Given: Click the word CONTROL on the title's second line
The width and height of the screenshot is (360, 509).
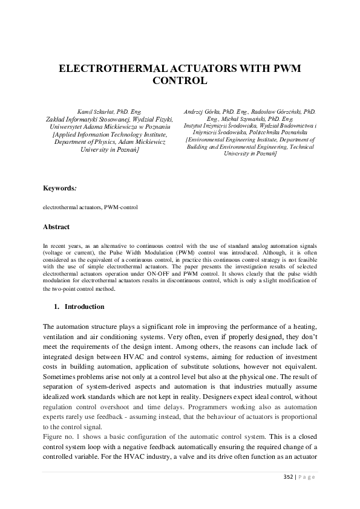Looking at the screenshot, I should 180,80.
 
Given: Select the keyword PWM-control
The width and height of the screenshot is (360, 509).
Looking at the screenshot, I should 121,207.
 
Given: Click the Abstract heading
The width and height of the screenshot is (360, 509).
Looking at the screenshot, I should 56,227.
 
